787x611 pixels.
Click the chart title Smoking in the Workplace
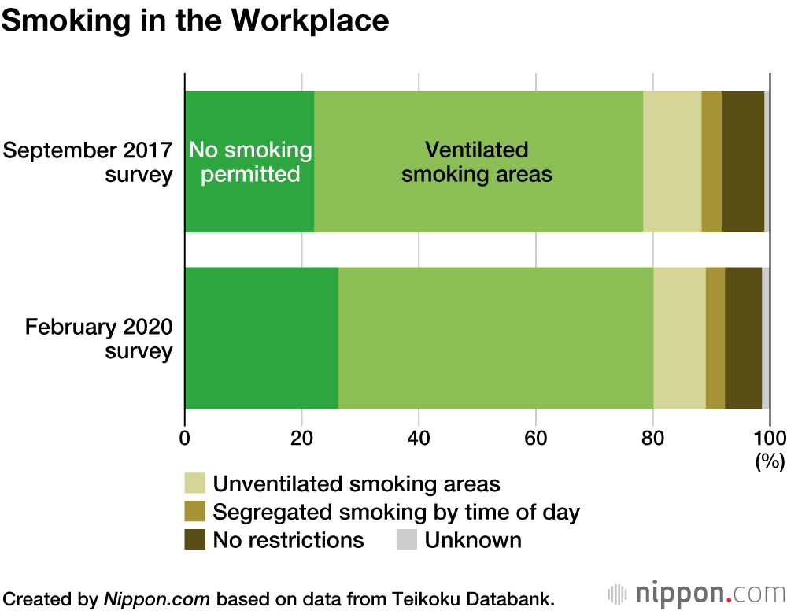point(195,21)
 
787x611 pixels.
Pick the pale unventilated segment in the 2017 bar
point(672,161)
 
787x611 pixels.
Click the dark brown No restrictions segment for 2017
point(742,161)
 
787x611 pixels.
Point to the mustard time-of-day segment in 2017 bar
point(711,161)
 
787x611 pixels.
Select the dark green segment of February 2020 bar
point(261,338)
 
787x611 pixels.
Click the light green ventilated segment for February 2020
point(495,338)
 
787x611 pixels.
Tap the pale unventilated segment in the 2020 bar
point(679,338)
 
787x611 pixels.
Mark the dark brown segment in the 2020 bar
point(743,338)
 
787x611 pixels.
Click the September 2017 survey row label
point(87,161)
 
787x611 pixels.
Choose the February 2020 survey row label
point(98,338)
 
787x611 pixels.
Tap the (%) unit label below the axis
point(770,462)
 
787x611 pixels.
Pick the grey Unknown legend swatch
point(406,540)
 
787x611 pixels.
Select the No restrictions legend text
point(289,540)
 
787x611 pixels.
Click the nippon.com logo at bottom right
point(696,593)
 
